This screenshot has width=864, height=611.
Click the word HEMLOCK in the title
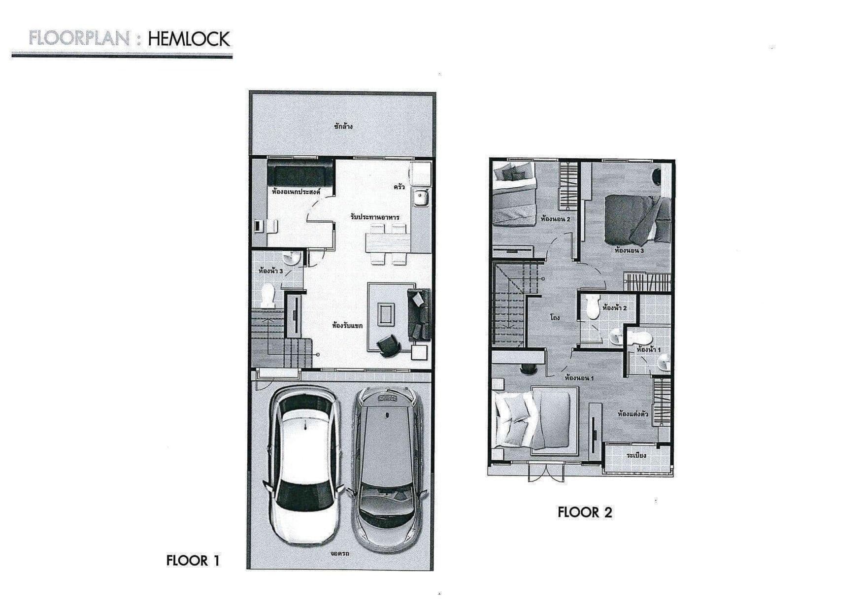point(189,39)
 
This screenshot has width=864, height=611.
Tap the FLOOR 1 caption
point(193,561)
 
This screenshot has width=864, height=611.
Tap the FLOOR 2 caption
point(585,512)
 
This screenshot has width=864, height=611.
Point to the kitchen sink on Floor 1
point(422,198)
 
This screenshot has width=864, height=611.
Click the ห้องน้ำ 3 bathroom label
point(270,271)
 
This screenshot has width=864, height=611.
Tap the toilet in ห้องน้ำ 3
point(267,296)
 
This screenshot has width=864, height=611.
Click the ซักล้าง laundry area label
point(343,126)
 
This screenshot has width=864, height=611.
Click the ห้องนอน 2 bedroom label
point(555,219)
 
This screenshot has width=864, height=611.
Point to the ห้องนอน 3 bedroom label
point(630,251)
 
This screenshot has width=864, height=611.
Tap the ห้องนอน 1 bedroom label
point(579,379)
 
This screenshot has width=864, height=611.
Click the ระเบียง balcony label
point(636,455)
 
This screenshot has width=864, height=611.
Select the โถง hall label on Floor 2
point(555,318)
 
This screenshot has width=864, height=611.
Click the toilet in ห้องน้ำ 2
point(592,308)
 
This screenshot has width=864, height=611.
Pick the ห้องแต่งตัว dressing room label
point(633,414)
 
